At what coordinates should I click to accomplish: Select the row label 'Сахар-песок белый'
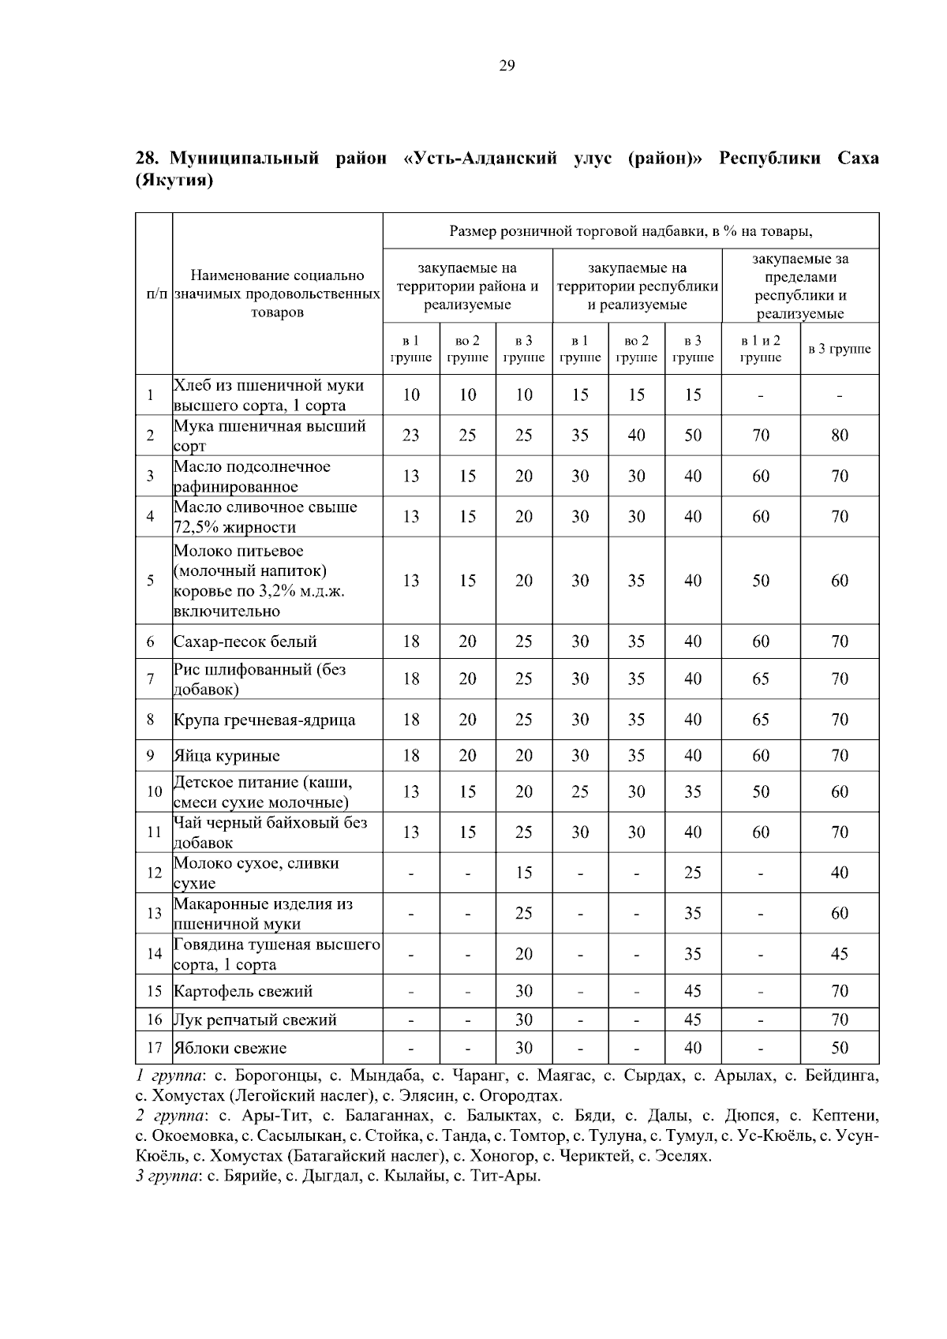tap(245, 641)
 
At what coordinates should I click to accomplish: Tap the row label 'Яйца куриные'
tap(226, 756)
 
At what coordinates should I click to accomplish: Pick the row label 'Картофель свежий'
tap(243, 991)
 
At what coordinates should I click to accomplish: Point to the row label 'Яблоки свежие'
tap(230, 1048)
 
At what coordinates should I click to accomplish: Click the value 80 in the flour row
tap(839, 435)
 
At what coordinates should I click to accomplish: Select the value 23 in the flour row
tap(411, 435)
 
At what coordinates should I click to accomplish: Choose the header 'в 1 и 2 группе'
tap(761, 349)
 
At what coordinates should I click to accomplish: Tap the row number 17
tap(154, 1048)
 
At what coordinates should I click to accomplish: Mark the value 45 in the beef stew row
tap(839, 954)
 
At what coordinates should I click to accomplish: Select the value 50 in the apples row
tap(839, 1048)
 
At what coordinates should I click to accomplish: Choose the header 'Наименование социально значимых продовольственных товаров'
tap(277, 294)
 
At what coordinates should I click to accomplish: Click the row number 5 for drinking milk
tap(150, 581)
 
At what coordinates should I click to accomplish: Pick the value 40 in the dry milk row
tap(839, 873)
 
